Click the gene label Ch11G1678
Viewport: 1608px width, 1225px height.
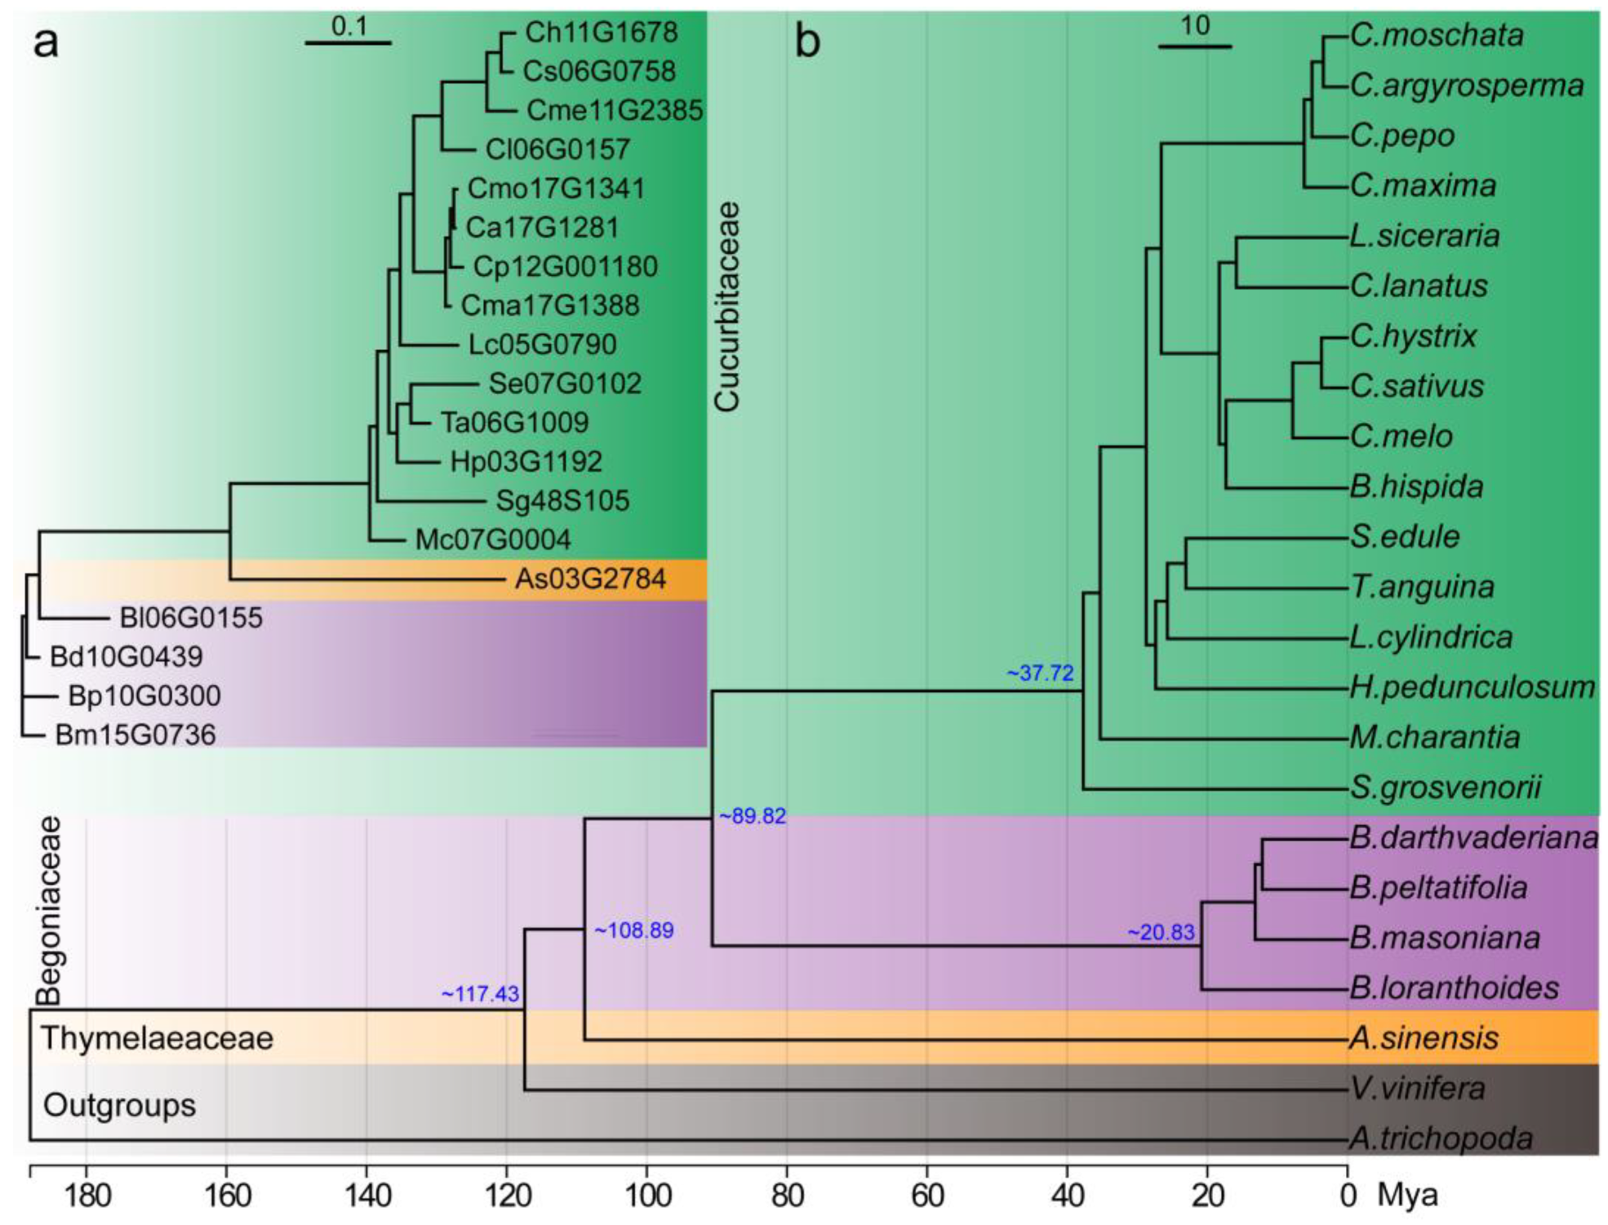[x=601, y=33]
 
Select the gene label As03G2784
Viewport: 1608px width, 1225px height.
[x=590, y=579]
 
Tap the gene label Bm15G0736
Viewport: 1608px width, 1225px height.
[x=135, y=735]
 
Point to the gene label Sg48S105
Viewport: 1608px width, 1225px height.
[x=562, y=500]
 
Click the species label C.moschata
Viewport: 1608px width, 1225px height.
[x=1437, y=35]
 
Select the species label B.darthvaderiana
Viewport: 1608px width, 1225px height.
[x=1473, y=837]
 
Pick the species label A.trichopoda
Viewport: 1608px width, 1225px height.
[x=1441, y=1138]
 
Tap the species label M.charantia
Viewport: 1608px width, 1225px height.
[x=1435, y=737]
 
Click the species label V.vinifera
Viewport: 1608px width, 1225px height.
[x=1418, y=1088]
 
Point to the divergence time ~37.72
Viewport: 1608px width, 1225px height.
[x=1040, y=673]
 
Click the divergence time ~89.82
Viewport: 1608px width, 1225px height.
[x=752, y=816]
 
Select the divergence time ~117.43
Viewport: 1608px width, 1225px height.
[x=480, y=994]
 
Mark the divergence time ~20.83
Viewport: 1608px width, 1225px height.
[x=1161, y=932]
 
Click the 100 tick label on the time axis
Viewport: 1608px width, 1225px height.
[x=648, y=1196]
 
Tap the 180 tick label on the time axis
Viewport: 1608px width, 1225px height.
[x=87, y=1196]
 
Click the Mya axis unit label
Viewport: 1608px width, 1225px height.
[x=1407, y=1196]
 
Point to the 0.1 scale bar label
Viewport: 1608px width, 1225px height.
[x=349, y=26]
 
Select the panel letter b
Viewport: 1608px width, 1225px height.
[x=807, y=41]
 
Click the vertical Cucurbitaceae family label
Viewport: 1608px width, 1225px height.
[x=726, y=307]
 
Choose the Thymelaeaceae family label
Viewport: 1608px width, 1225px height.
[x=158, y=1038]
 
